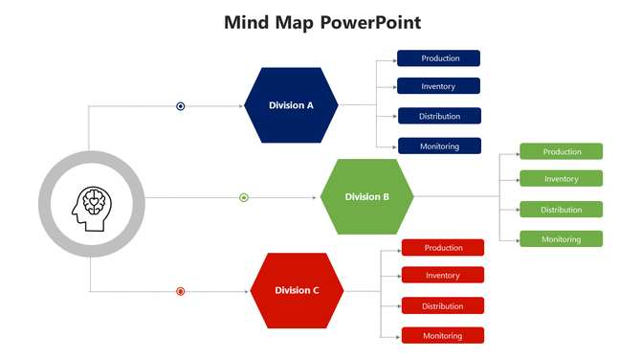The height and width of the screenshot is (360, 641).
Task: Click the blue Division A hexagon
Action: (291, 105)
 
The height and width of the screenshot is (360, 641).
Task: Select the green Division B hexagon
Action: (366, 197)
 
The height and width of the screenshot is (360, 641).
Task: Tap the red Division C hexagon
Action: (297, 290)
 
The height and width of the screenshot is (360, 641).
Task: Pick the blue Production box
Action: (439, 58)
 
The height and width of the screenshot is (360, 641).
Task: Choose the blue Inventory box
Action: (439, 87)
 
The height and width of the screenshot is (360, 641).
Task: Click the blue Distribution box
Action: (439, 117)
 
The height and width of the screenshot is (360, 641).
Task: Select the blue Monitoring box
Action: (439, 146)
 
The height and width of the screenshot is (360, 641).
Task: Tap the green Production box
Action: (562, 151)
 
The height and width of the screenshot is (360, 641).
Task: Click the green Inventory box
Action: (562, 179)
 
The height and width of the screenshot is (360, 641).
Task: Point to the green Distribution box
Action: (562, 210)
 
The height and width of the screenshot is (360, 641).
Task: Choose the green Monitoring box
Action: (562, 238)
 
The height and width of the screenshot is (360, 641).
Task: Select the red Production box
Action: (443, 248)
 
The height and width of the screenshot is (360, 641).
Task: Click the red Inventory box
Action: (443, 276)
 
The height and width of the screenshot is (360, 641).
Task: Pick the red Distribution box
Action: (443, 306)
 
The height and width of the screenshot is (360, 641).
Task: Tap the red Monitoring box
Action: (443, 336)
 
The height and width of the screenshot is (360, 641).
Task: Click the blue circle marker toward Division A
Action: (181, 106)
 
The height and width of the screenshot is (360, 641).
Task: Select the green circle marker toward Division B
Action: (244, 198)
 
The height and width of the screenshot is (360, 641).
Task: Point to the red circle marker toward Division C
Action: (181, 291)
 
